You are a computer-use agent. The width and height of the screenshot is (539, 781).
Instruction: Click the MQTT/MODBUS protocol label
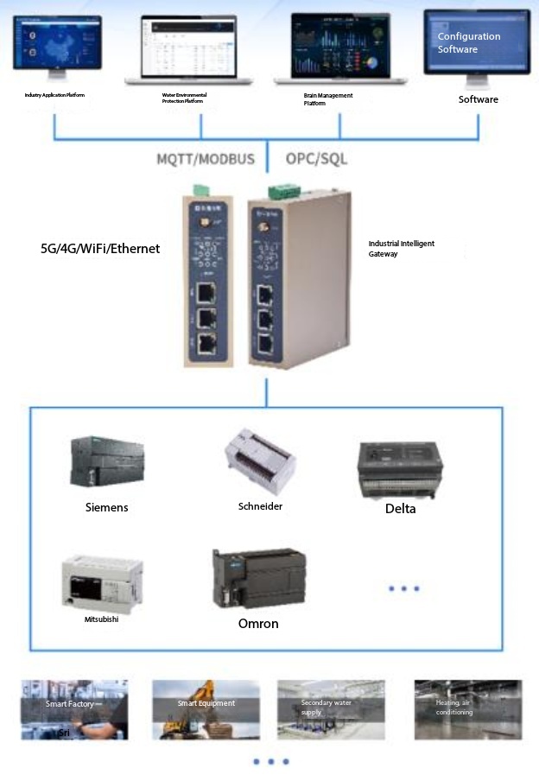tap(205, 159)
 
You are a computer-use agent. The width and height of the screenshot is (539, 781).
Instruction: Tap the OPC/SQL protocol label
tap(316, 159)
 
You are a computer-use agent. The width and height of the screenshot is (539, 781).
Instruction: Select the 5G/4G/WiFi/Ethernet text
tap(100, 249)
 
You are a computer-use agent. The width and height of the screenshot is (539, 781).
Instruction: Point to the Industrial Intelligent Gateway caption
tap(401, 249)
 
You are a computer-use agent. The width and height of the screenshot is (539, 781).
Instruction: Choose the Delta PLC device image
tap(400, 469)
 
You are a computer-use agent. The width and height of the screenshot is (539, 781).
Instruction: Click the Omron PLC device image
tap(258, 580)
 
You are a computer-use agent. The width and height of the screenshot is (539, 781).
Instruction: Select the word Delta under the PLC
tap(400, 509)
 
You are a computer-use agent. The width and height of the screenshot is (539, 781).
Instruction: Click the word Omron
tap(258, 623)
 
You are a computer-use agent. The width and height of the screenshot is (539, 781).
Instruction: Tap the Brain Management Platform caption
tap(327, 99)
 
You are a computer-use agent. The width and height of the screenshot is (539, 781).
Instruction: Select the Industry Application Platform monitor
tap(56, 42)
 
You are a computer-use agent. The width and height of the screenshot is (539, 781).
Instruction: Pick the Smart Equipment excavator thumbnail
tap(206, 709)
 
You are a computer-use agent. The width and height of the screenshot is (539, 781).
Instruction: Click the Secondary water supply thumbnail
tap(331, 709)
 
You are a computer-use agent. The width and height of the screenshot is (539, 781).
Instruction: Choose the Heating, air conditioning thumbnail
tap(466, 709)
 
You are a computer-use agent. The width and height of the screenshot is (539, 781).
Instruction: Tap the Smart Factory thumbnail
tap(74, 709)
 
